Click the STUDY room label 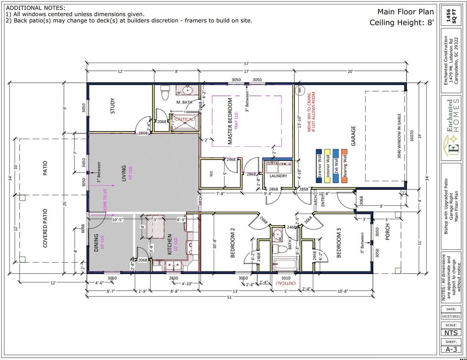(x=112, y=106)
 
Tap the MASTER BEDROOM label (x=230, y=121)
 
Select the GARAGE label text (x=353, y=136)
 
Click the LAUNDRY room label (x=278, y=176)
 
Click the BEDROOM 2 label (x=233, y=243)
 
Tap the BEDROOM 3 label (x=339, y=243)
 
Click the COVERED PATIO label (x=45, y=228)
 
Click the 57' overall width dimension (x=247, y=63)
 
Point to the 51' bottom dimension (x=229, y=297)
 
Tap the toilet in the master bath (x=165, y=92)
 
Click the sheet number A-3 (x=451, y=349)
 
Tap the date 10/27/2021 (x=451, y=317)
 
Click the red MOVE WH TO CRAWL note (x=311, y=112)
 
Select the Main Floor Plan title (x=405, y=11)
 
